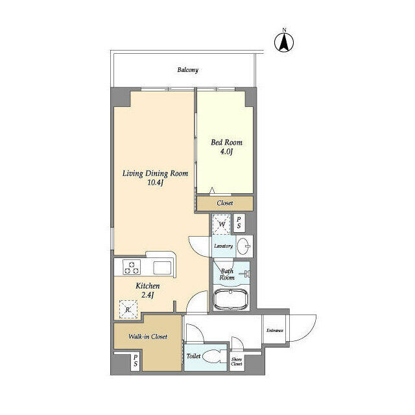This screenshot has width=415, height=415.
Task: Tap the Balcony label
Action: pos(187,70)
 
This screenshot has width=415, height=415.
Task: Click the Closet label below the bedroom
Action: pos(225,204)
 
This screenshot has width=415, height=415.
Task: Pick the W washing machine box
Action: pos(222,224)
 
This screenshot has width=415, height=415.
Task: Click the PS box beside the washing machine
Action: pos(239,224)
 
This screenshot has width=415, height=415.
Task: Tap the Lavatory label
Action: pos(223,246)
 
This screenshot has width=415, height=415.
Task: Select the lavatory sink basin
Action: pos(244,246)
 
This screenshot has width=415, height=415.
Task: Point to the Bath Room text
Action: pos(227,275)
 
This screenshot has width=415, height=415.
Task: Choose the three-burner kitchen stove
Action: pos(132,267)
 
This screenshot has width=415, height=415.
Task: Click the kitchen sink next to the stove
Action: pos(161,267)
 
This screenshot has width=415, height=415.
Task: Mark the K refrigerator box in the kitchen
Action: pos(128,309)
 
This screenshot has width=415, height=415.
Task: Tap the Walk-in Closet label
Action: pos(148,337)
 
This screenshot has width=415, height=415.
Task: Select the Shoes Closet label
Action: pos(237,362)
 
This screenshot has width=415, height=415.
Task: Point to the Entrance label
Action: pos(275,331)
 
